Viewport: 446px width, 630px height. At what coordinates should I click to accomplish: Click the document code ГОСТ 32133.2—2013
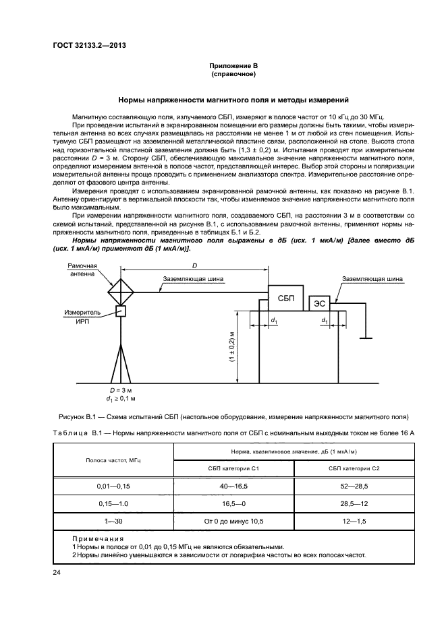(x=90, y=45)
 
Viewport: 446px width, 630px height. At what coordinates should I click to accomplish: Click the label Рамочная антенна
(x=82, y=270)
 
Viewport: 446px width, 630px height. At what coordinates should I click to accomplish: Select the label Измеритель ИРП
(x=82, y=317)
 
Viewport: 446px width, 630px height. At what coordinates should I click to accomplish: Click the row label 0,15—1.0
(x=113, y=503)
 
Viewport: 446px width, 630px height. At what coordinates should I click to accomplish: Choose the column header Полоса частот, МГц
(x=113, y=460)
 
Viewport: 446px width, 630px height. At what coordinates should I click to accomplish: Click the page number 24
(x=57, y=573)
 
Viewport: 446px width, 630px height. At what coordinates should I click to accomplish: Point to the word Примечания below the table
(x=98, y=538)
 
